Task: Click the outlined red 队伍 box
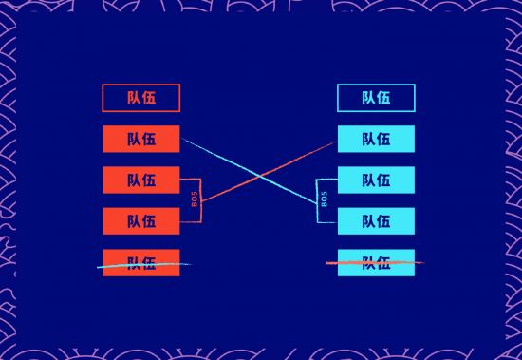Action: tap(140, 98)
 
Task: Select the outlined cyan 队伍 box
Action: tap(376, 98)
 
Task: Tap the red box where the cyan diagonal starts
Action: tap(140, 139)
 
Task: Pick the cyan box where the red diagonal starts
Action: tap(376, 139)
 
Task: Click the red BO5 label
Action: tap(195, 200)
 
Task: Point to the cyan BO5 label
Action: tap(324, 200)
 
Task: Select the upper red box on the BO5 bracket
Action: tap(140, 180)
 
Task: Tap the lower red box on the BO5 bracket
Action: tap(140, 220)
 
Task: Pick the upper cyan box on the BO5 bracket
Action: tap(376, 180)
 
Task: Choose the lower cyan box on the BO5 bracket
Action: tap(376, 220)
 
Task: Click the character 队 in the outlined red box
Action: tap(133, 98)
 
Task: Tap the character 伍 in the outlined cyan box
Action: tap(383, 98)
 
